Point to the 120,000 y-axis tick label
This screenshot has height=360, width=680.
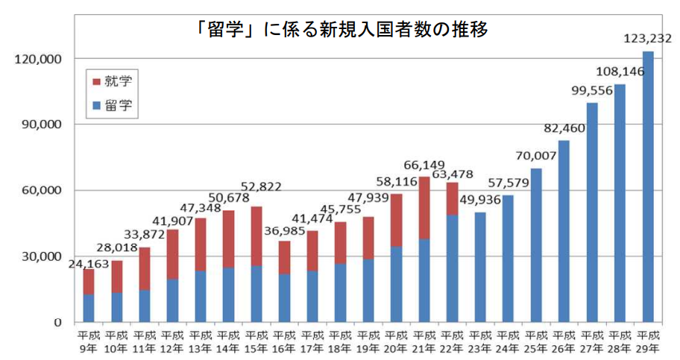point(37,59)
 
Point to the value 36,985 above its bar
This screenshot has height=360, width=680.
point(286,229)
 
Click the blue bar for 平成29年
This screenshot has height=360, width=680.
point(647,186)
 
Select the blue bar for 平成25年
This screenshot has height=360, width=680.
point(537,245)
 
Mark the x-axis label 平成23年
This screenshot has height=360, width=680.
point(480,340)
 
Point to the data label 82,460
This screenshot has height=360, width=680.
point(564,128)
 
